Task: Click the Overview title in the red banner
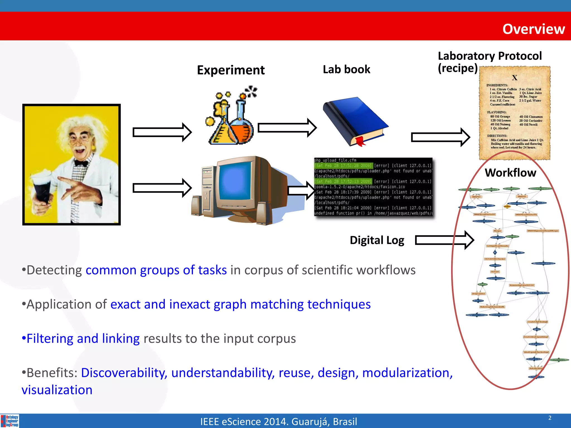533,29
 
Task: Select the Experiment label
231,70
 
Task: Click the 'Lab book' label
346,69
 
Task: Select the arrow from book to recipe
441,137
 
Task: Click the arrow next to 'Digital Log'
444,240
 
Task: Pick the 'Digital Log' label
377,240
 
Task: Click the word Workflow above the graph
510,173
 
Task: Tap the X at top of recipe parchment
514,78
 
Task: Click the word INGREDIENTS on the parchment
497,85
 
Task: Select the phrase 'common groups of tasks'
156,270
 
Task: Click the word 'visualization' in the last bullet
57,390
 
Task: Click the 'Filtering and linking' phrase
83,339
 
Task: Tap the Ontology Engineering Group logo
10,421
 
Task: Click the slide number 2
550,418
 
